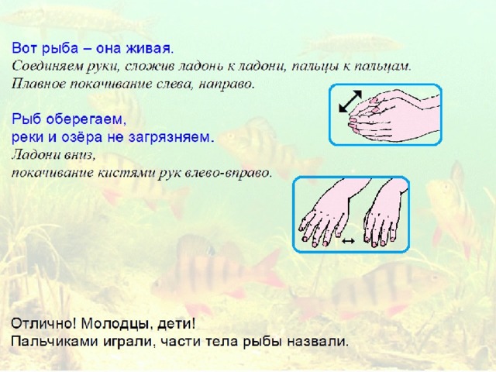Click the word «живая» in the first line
(x=150, y=48)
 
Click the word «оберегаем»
(x=86, y=119)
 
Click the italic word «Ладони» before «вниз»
(x=33, y=155)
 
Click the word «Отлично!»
(x=43, y=324)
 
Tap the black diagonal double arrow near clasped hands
(x=350, y=102)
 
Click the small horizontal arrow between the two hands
(x=348, y=241)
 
